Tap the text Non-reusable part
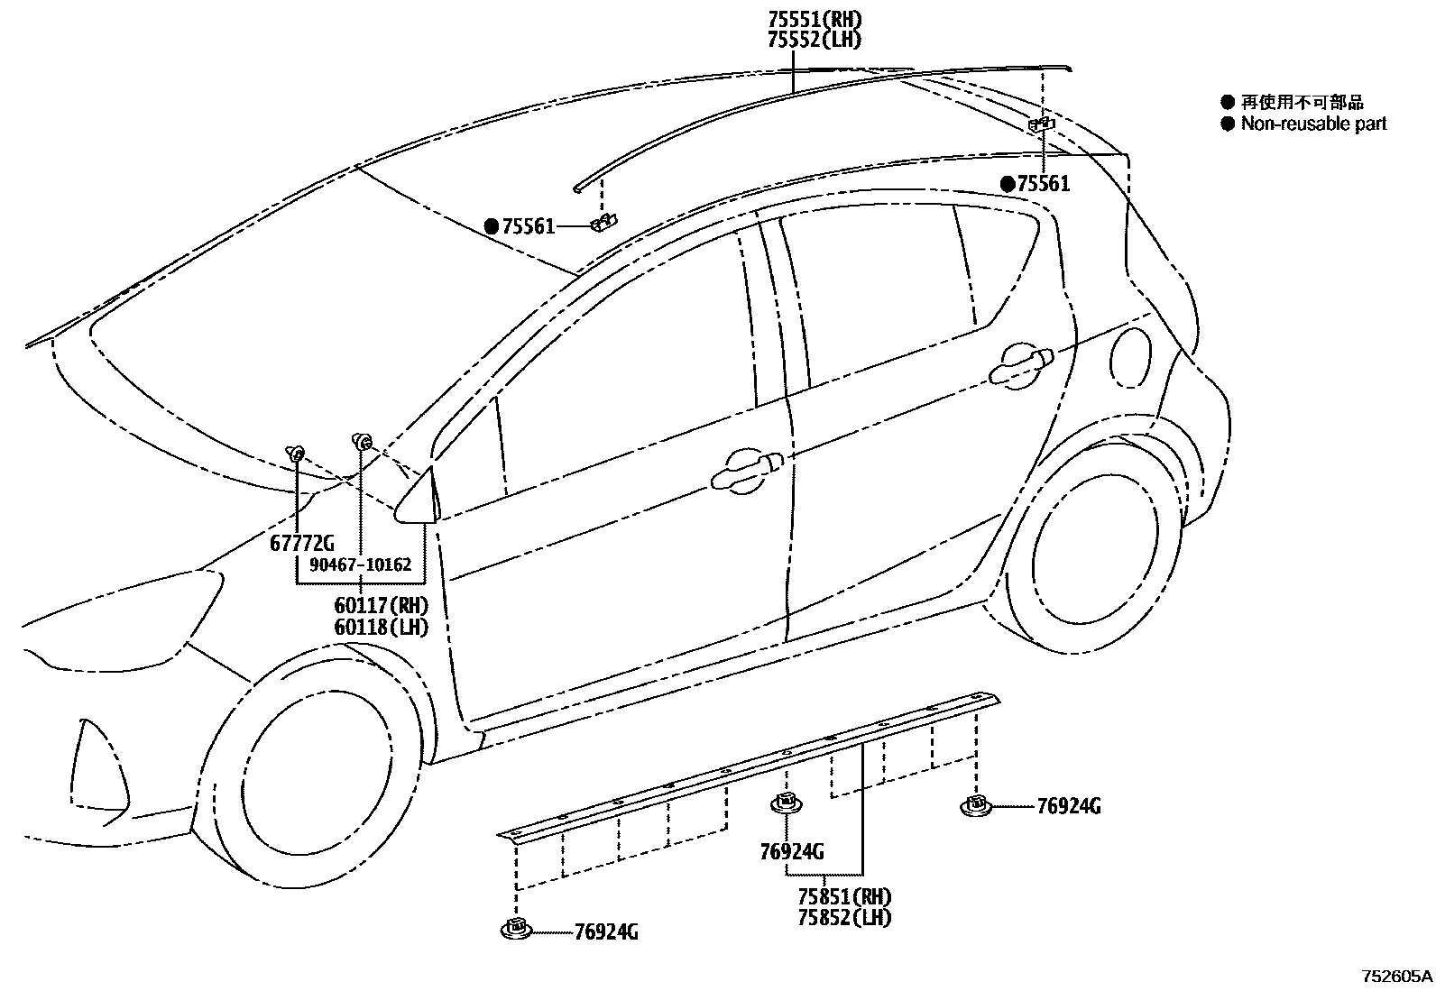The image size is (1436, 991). pyautogui.click(x=1312, y=124)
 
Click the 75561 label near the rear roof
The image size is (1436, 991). pyautogui.click(x=1043, y=184)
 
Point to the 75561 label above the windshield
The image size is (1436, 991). pyautogui.click(x=528, y=227)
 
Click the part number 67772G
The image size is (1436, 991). pyautogui.click(x=301, y=544)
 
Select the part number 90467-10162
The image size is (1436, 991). pyautogui.click(x=360, y=565)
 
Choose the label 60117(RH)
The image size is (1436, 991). pyautogui.click(x=381, y=606)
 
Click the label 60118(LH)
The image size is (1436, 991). pyautogui.click(x=381, y=627)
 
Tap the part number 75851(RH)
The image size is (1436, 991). pyautogui.click(x=843, y=897)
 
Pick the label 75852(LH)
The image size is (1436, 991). pyautogui.click(x=843, y=918)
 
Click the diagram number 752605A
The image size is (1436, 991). pyautogui.click(x=1396, y=977)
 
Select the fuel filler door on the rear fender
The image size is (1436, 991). pyautogui.click(x=1130, y=358)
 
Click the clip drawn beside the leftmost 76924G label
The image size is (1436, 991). pyautogui.click(x=516, y=930)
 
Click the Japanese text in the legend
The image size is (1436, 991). pyautogui.click(x=1302, y=103)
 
